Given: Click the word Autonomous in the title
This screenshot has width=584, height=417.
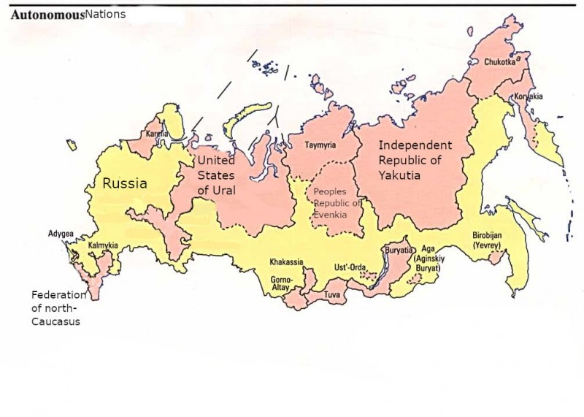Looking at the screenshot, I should [47, 15].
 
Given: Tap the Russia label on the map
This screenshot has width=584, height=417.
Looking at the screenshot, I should [124, 184].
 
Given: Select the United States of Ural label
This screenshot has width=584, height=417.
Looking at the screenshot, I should [216, 175].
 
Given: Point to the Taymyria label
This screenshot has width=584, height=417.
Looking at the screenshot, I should [320, 145].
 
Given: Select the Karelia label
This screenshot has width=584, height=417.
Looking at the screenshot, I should [157, 135].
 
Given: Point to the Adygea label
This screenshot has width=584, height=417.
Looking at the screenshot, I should [61, 234].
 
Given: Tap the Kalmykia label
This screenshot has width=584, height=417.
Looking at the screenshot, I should [103, 246].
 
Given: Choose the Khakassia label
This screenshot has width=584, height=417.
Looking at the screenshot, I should [286, 261].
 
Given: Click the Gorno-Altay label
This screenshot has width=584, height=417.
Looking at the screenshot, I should [281, 284].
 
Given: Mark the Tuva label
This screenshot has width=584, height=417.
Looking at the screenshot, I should [332, 297].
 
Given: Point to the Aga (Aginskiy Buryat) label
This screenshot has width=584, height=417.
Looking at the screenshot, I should [426, 259].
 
